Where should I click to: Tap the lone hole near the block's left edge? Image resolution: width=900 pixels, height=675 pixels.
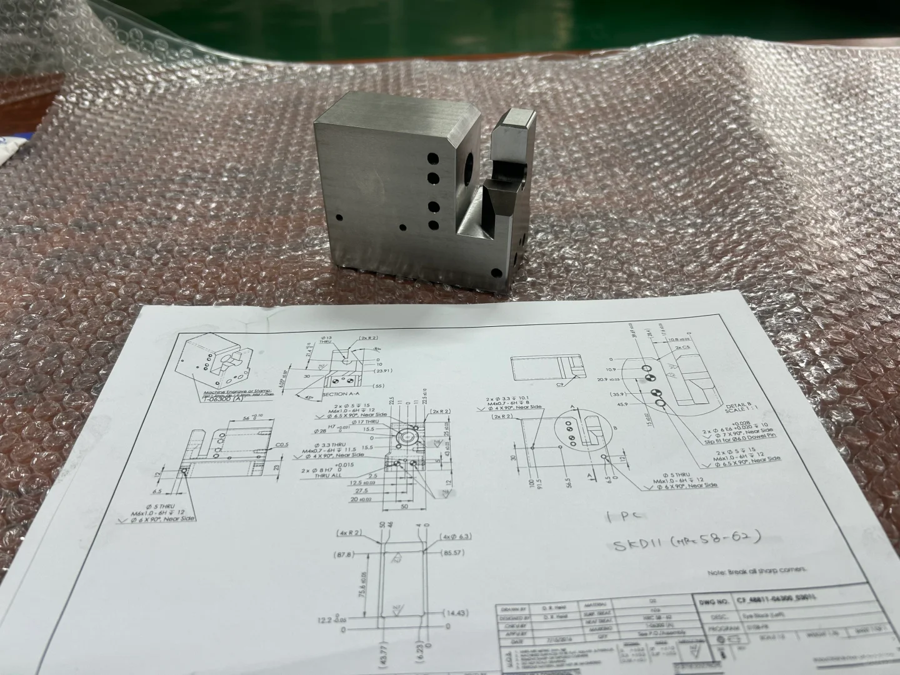point(339,217)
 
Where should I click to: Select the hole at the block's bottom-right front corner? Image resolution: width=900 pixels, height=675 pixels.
point(496,272)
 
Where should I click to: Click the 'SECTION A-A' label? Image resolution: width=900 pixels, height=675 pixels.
point(343,395)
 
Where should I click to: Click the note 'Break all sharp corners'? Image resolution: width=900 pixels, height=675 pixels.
point(757,570)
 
